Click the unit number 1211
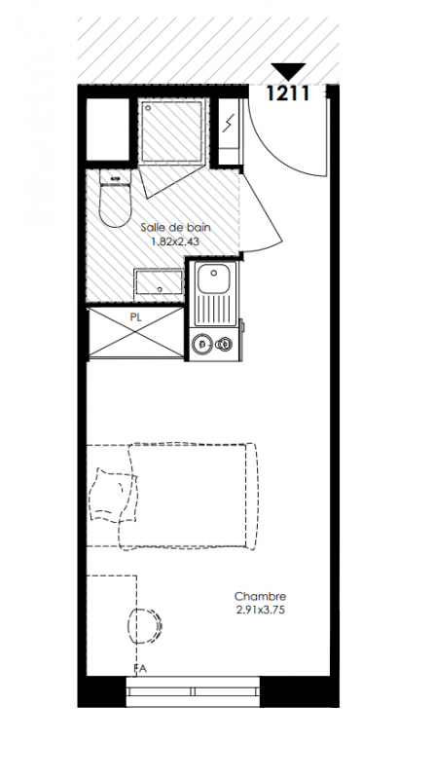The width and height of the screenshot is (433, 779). point(288,93)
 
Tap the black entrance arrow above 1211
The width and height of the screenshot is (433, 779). point(288,71)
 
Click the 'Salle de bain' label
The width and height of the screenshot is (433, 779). point(175,228)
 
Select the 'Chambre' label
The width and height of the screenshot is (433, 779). point(260,596)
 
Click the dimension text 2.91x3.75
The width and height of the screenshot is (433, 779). point(261,611)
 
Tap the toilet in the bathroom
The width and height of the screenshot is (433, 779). point(115,199)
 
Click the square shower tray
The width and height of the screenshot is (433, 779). point(172,130)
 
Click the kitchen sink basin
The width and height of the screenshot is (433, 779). point(214,278)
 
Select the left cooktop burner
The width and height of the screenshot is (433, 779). point(202,344)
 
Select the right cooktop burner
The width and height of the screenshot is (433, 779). point(225,343)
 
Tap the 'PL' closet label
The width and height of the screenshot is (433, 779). point(136,317)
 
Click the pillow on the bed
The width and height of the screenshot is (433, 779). point(113,496)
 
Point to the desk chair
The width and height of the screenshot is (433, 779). point(145,626)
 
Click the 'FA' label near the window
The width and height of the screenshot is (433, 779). point(140,669)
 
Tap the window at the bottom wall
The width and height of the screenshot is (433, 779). point(194,691)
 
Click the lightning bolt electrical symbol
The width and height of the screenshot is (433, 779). point(229,124)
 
